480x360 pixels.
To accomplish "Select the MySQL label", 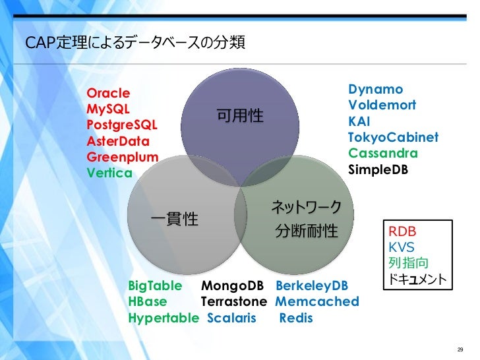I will pyautogui.click(x=108, y=109).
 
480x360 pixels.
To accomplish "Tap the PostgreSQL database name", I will pyautogui.click(x=123, y=125).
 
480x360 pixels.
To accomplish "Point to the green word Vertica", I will pyautogui.click(x=109, y=173).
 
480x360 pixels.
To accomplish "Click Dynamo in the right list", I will pyautogui.click(x=375, y=90).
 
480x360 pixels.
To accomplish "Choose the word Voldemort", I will pyautogui.click(x=382, y=105).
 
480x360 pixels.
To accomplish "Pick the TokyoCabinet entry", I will pyautogui.click(x=393, y=138).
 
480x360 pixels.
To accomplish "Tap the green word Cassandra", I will pyautogui.click(x=383, y=154).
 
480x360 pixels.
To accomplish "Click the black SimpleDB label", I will pyautogui.click(x=378, y=169).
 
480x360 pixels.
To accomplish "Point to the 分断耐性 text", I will pyautogui.click(x=307, y=231).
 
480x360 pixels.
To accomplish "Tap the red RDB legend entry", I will pyautogui.click(x=402, y=232).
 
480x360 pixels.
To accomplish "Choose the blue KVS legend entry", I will pyautogui.click(x=402, y=248).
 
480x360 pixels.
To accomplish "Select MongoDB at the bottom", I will pyautogui.click(x=232, y=286).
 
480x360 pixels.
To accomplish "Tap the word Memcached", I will pyautogui.click(x=317, y=303).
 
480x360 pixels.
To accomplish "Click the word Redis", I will pyautogui.click(x=297, y=318).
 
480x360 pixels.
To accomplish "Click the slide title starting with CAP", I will pyautogui.click(x=135, y=43).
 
